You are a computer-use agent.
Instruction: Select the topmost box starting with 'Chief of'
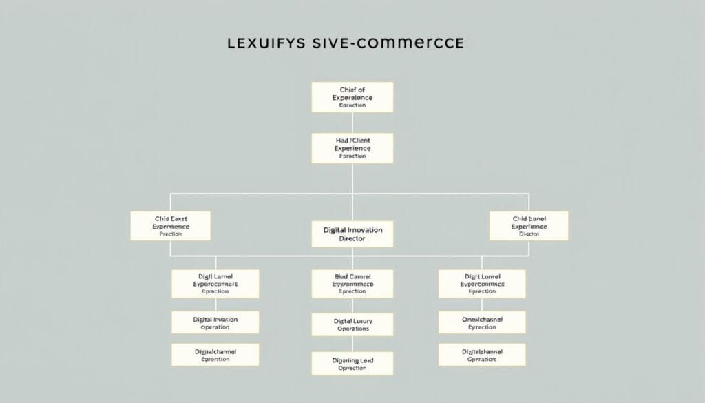click(352, 97)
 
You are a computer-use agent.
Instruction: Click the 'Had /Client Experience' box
click(352, 148)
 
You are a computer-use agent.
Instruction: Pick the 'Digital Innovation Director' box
click(352, 234)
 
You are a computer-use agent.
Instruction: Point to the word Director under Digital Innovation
click(352, 238)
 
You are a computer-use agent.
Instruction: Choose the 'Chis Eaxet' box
click(170, 226)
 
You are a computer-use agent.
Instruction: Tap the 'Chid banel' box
click(529, 226)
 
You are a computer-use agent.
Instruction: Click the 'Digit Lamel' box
click(215, 283)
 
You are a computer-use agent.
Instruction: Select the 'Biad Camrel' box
click(352, 283)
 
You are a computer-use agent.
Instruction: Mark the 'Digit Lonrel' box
click(482, 283)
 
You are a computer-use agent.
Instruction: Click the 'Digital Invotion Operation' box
click(215, 322)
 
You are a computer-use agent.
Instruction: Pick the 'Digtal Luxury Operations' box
click(352, 324)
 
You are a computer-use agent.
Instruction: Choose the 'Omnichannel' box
click(482, 322)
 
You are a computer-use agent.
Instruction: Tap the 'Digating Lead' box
click(352, 363)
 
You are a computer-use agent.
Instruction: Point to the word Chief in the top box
click(347, 90)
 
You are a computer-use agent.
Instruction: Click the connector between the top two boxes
click(352, 123)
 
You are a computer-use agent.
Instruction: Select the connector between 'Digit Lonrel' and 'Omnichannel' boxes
click(482, 304)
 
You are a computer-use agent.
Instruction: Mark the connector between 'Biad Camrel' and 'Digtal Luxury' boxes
click(352, 305)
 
